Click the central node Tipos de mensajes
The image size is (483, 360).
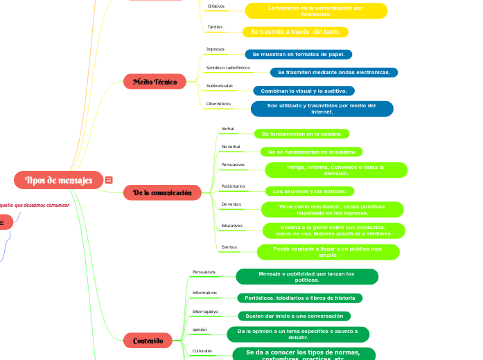click(x=58, y=181)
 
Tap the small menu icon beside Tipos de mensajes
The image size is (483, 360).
click(x=109, y=180)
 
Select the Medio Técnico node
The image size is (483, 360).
click(x=155, y=82)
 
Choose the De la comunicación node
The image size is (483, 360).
click(x=162, y=192)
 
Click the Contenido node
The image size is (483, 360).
click(x=148, y=340)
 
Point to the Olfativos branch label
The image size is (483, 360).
click(x=216, y=6)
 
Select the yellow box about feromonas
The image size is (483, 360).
click(x=315, y=10)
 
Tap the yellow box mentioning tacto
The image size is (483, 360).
click(x=295, y=32)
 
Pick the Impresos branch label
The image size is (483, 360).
click(x=216, y=49)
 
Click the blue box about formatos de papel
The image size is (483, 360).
click(x=299, y=53)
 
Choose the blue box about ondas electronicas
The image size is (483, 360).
click(x=333, y=72)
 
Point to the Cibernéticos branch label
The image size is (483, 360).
click(x=219, y=104)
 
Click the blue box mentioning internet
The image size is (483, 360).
click(x=322, y=109)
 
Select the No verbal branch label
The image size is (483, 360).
click(x=231, y=147)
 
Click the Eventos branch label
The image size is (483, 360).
click(x=229, y=247)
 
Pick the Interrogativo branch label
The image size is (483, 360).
click(x=205, y=312)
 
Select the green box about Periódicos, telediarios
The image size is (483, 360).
click(x=299, y=298)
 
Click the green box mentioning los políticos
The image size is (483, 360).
click(x=306, y=276)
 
